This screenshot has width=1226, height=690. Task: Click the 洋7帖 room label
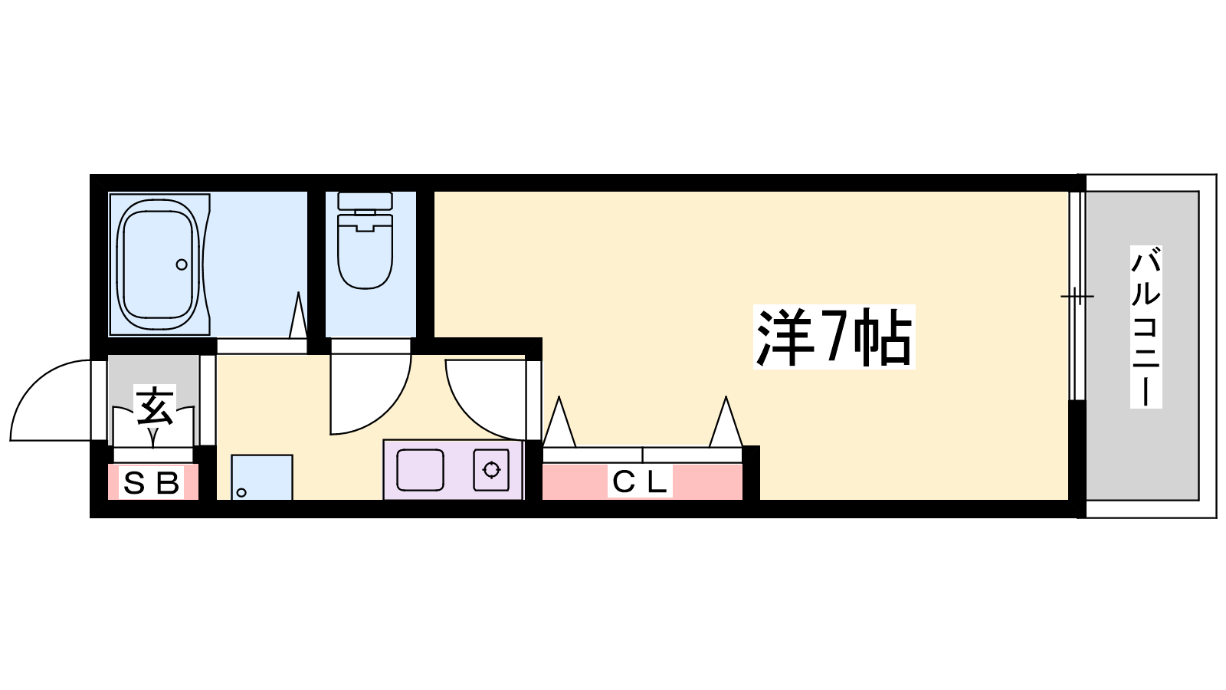point(834,337)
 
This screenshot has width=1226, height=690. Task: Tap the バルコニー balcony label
point(1146,327)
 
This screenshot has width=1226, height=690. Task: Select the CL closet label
point(640,482)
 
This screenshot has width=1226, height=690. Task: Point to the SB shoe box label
point(152,483)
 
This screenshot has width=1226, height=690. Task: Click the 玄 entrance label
point(155,406)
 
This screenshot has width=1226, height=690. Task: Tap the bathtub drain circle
point(182,264)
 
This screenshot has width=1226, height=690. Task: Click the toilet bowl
point(365,251)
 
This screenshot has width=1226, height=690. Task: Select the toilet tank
point(365,201)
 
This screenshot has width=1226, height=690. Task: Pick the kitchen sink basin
point(420,470)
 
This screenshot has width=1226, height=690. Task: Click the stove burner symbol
point(491,470)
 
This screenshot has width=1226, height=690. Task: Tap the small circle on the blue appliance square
point(241,492)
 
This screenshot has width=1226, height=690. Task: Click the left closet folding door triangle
point(559,422)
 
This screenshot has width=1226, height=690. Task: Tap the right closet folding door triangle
point(726,422)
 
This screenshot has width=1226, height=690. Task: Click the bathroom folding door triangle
point(298,315)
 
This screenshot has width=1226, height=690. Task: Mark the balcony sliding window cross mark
point(1077,296)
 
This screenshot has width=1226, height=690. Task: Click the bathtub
point(159,264)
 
